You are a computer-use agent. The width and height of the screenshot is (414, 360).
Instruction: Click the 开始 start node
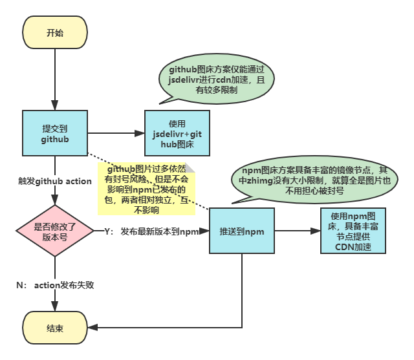[x=55, y=34]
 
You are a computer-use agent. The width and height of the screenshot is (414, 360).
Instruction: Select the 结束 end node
[x=55, y=328]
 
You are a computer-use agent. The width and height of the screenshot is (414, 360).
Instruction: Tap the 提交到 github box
[x=55, y=133]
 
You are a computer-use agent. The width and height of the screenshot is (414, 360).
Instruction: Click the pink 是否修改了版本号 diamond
[x=55, y=230]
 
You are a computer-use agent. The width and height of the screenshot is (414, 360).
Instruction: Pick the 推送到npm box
[x=241, y=231]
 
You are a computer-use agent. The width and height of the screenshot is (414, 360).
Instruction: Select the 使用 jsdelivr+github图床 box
[x=177, y=133]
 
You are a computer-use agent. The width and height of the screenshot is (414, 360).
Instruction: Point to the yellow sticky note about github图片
[x=146, y=188]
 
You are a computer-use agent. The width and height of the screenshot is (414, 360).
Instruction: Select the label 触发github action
[x=55, y=181]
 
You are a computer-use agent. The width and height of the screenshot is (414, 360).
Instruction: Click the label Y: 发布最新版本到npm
[x=151, y=231]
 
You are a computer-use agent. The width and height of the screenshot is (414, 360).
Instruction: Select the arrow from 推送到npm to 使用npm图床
[x=298, y=231]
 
